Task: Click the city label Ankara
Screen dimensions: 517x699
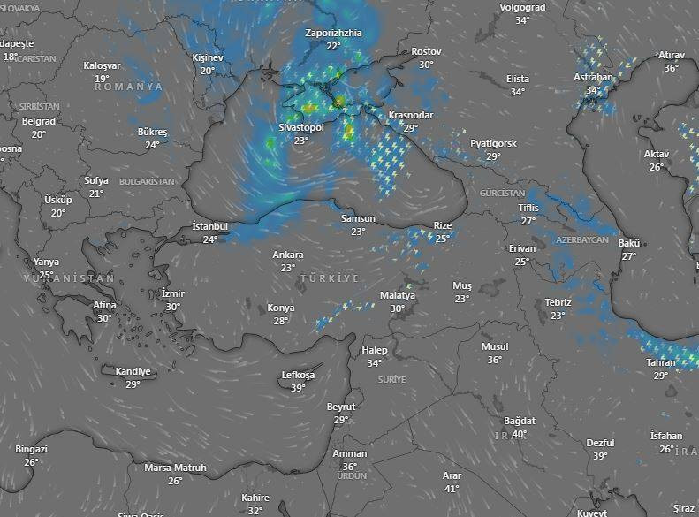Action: click(x=287, y=255)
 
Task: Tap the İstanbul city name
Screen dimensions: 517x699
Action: click(x=209, y=227)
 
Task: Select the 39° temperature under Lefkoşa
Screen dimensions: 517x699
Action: click(x=299, y=388)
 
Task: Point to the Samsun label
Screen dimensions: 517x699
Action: click(x=358, y=219)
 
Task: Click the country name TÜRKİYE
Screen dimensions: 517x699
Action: click(x=330, y=278)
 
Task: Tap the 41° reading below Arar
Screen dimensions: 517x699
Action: click(x=452, y=489)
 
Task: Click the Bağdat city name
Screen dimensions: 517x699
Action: click(x=520, y=421)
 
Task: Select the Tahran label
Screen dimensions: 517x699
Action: click(x=661, y=363)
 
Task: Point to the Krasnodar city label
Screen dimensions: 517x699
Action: click(x=410, y=116)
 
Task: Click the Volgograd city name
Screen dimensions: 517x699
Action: click(x=522, y=8)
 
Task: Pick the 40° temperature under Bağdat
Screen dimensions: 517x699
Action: click(x=520, y=434)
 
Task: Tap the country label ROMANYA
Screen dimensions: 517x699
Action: click(x=129, y=87)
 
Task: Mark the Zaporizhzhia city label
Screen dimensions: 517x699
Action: click(x=333, y=33)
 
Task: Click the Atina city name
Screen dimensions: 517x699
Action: click(x=104, y=306)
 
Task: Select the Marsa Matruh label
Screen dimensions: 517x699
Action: click(x=175, y=468)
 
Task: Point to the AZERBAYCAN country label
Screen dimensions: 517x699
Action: click(x=582, y=240)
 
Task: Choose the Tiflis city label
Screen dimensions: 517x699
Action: click(x=528, y=209)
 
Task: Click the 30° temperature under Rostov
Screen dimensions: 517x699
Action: click(x=426, y=65)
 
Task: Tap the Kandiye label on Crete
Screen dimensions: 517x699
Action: click(x=133, y=372)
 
